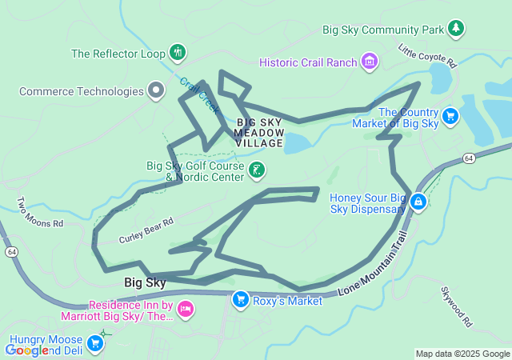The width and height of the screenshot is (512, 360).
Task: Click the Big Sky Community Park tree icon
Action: (456, 30)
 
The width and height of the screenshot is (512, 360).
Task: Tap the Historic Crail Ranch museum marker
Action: (370, 62)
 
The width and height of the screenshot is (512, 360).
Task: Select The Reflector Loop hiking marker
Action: (178, 54)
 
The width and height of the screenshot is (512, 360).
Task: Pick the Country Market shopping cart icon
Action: (450, 117)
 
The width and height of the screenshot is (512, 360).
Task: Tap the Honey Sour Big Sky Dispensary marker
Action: (417, 203)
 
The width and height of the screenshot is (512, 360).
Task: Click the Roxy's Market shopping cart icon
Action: (239, 300)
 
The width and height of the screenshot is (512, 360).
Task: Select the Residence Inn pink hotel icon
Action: (185, 309)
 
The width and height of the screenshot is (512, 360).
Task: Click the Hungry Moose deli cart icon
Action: (95, 344)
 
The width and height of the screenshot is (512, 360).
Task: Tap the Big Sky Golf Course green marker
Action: (257, 170)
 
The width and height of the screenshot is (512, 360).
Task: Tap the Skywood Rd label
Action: (458, 309)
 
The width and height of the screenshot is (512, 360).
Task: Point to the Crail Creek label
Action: (199, 94)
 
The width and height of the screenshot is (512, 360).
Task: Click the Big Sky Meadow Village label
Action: (259, 133)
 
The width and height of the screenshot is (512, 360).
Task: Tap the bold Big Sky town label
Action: (145, 282)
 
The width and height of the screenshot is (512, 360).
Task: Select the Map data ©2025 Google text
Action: (462, 354)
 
